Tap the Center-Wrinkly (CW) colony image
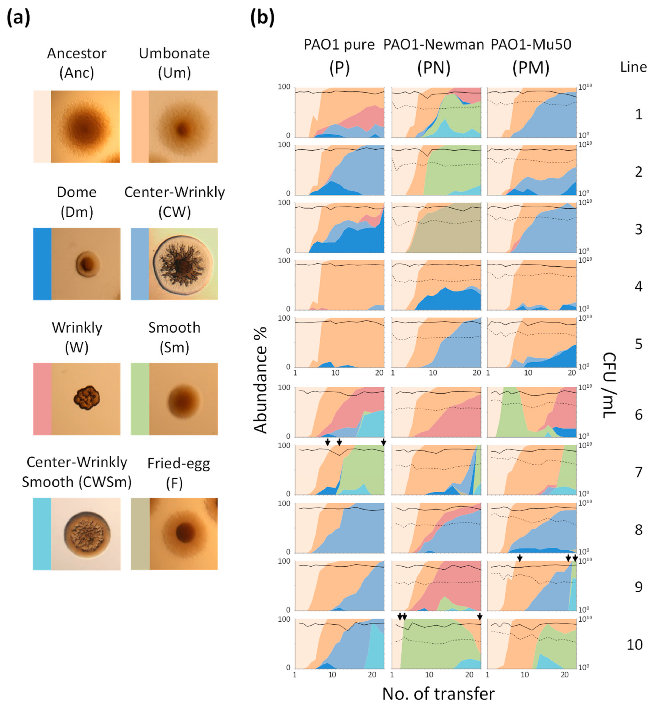click(x=183, y=264)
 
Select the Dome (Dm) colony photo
click(x=86, y=264)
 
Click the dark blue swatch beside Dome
click(x=42, y=264)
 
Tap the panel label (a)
click(x=18, y=18)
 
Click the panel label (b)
click(x=262, y=18)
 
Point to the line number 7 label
click(x=638, y=472)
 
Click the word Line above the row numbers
click(x=633, y=67)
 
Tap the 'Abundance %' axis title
click(x=261, y=380)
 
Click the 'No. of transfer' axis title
click(x=438, y=694)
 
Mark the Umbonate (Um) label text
click(x=174, y=63)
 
